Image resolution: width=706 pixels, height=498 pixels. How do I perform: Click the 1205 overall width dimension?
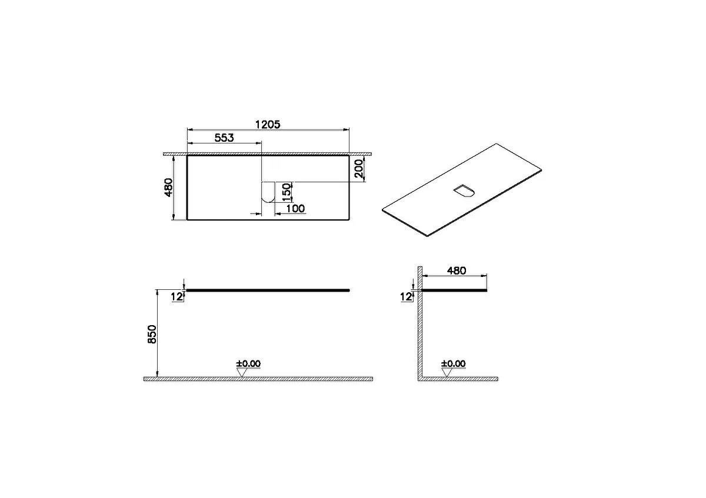pyautogui.click(x=268, y=125)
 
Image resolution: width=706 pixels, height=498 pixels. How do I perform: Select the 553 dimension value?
pyautogui.click(x=224, y=138)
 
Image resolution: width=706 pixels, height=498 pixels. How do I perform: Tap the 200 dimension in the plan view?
pyautogui.click(x=359, y=168)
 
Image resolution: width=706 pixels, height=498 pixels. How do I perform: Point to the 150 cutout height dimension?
pyautogui.click(x=287, y=192)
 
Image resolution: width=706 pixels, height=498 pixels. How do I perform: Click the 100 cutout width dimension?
pyautogui.click(x=295, y=209)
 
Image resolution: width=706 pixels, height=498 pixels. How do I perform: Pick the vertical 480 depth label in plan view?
pyautogui.click(x=169, y=188)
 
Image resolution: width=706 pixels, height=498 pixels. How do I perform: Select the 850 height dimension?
pyautogui.click(x=152, y=334)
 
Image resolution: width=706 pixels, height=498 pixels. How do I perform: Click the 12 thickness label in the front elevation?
pyautogui.click(x=177, y=297)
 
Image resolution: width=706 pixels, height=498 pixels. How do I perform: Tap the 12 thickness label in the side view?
pyautogui.click(x=406, y=297)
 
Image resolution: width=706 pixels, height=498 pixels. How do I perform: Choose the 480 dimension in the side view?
pyautogui.click(x=457, y=270)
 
